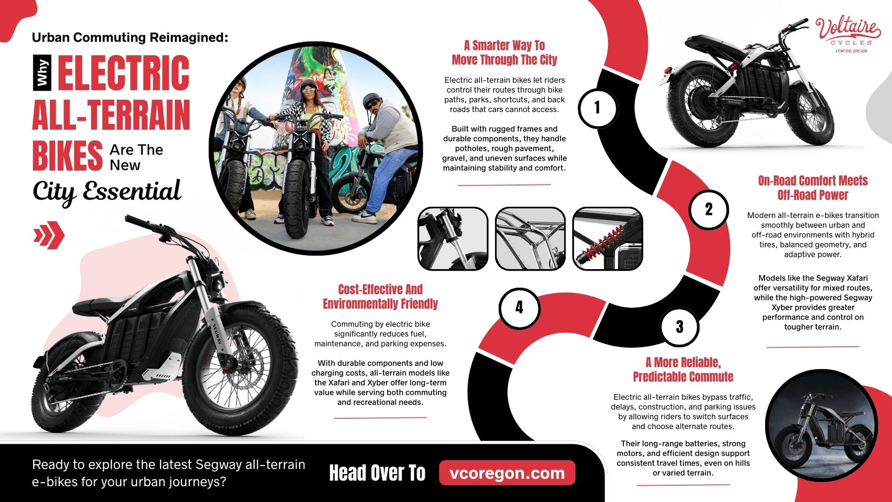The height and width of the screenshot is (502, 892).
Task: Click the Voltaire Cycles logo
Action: [848, 34]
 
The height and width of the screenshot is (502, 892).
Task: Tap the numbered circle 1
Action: [597, 108]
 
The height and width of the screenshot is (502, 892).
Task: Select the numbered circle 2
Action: [709, 209]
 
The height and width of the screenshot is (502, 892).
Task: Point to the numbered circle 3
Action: [679, 327]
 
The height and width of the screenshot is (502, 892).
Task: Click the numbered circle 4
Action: [519, 308]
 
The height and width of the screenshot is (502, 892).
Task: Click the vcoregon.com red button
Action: [507, 473]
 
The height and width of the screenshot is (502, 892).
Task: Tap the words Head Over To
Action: [377, 473]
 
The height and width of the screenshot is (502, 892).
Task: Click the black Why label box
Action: [42, 72]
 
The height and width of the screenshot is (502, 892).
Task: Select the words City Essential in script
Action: [107, 191]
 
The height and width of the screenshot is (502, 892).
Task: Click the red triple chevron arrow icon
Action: [49, 235]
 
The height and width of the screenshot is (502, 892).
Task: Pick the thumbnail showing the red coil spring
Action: [608, 239]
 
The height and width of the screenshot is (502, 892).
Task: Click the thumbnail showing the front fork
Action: [452, 239]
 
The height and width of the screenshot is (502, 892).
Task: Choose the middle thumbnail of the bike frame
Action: [530, 239]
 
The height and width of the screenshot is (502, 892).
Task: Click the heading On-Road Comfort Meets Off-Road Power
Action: [813, 188]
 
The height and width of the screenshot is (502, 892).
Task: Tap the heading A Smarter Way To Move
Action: [504, 53]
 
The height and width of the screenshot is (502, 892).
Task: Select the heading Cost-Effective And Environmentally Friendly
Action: [380, 296]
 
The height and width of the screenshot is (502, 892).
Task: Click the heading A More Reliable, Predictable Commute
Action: [683, 369]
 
